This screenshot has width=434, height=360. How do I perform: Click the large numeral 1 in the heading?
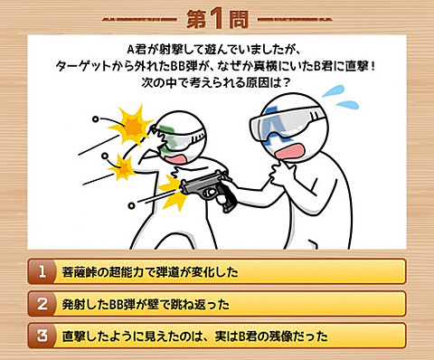[216, 18]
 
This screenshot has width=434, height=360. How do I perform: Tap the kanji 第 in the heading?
[196, 19]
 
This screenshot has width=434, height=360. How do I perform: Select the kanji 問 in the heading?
[239, 19]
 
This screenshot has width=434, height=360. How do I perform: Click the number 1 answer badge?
[42, 271]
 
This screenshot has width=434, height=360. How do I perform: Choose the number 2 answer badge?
[42, 304]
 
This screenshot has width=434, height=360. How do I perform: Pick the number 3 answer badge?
[42, 336]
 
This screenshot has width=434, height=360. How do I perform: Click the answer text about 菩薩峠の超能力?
[150, 272]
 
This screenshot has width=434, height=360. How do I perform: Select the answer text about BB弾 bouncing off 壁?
[146, 304]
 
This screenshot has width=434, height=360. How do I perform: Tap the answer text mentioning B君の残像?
[195, 336]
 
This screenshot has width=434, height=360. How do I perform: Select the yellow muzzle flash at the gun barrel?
[173, 192]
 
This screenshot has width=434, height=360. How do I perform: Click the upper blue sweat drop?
[333, 90]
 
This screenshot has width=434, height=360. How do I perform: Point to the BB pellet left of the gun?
[131, 205]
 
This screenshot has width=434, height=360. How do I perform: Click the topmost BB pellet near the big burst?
[96, 119]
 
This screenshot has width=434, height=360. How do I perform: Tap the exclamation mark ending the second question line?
[373, 66]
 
